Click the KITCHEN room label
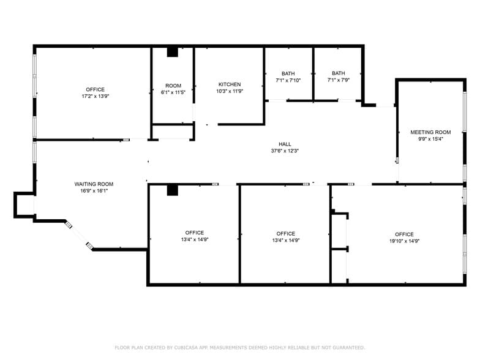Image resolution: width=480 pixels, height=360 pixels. tap(230, 84)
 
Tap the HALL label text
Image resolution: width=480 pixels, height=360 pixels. tap(285, 144)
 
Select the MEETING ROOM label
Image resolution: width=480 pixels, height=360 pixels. tap(430, 132)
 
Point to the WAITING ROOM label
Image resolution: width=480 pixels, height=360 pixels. tap(94, 184)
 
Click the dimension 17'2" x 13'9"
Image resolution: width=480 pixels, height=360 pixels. tap(96, 96)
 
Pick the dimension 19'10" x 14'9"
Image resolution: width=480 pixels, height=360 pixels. tap(404, 241)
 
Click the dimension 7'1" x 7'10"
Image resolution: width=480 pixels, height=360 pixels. tap(288, 80)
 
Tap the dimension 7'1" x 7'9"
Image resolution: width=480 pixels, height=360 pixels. tap(338, 80)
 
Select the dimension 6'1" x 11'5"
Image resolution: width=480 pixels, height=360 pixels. tap(173, 92)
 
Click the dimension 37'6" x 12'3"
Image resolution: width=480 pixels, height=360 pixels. tap(285, 151)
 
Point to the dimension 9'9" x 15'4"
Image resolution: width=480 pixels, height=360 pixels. tap(431, 139)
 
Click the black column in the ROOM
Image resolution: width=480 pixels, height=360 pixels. tap(173, 52)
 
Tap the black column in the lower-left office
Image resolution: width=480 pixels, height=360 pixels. tap(173, 190)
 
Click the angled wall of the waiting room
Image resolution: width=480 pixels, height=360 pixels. tap(79, 235)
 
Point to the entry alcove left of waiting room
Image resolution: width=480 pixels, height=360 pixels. tap(24, 204)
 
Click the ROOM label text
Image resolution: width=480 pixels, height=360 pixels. tap(173, 86)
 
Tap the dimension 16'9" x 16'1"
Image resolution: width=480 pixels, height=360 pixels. tap(94, 191)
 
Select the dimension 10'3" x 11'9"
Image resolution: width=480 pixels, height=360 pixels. tap(230, 91)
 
